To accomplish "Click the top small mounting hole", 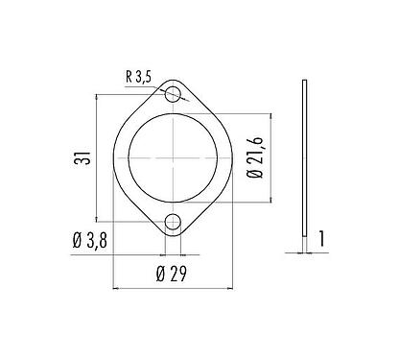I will pos(173,94).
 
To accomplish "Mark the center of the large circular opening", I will pos(173,158).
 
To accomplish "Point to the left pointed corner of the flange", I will pos(116,158).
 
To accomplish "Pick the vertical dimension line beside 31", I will pos(98,158).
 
